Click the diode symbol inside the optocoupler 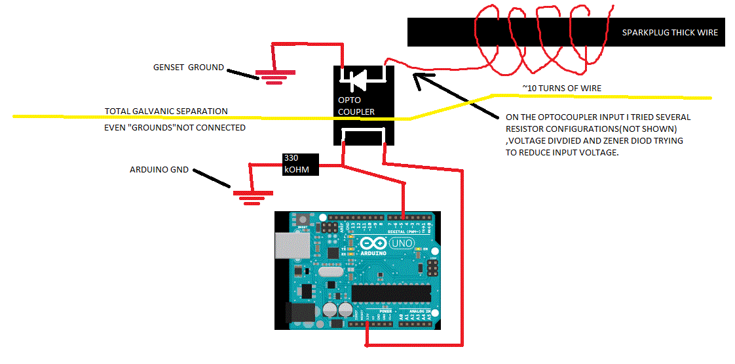357,81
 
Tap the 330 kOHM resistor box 299,165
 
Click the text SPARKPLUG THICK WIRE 669,33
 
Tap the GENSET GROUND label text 188,68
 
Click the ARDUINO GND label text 159,170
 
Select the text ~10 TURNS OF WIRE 561,89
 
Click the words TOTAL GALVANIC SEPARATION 166,111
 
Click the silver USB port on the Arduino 293,248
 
